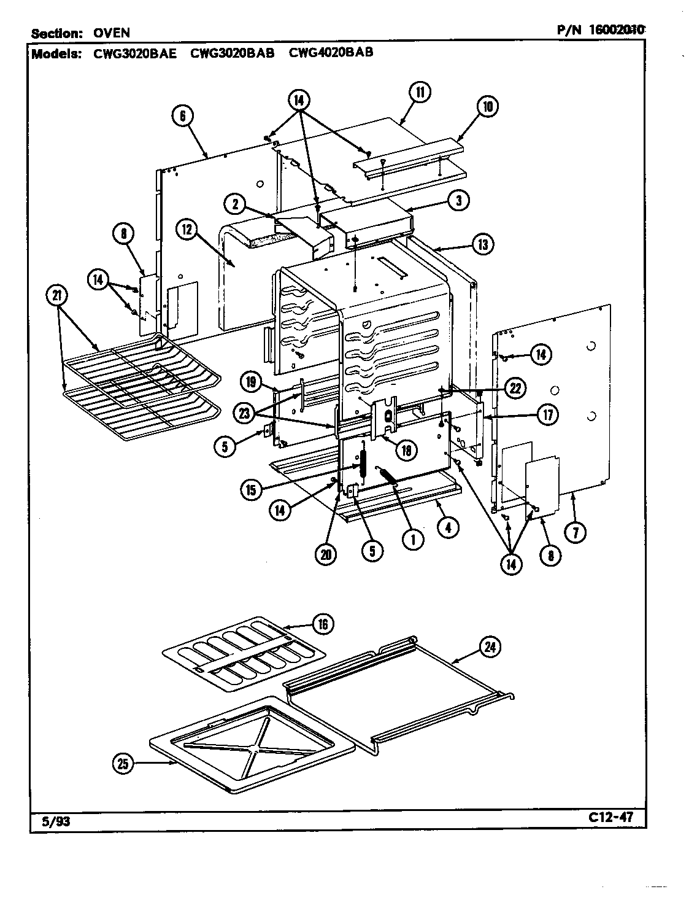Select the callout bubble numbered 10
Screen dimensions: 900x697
487,106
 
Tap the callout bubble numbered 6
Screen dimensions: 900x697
183,116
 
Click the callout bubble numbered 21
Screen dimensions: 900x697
57,296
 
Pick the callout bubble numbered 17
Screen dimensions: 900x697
546,414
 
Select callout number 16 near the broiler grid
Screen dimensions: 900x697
323,625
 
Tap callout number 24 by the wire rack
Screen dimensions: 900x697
491,647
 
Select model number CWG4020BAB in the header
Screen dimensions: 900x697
331,52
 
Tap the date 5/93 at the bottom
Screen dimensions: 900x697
50,821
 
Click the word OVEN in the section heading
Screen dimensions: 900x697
111,33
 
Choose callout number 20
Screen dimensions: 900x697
326,554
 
